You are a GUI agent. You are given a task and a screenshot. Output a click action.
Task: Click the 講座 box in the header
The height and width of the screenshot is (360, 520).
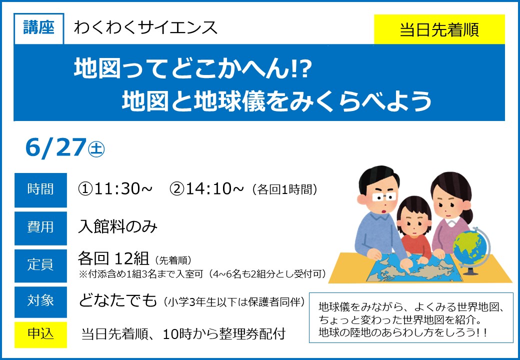pyautogui.click(x=39, y=28)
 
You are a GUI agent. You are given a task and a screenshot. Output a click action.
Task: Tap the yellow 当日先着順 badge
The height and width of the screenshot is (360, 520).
pyautogui.click(x=439, y=29)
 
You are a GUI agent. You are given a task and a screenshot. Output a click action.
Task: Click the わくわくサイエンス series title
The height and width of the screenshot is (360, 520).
pyautogui.click(x=145, y=28)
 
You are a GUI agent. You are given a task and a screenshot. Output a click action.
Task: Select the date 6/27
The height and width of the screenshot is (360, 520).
pyautogui.click(x=55, y=148)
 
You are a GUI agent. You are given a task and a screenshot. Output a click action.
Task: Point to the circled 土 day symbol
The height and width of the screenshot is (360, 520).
pyautogui.click(x=96, y=149)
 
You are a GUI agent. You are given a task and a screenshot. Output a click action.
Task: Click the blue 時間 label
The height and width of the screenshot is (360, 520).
pyautogui.click(x=40, y=190)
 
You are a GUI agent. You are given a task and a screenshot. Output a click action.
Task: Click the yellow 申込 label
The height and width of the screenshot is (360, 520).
pyautogui.click(x=40, y=334)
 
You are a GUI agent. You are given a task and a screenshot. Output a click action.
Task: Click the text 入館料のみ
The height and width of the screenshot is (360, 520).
pyautogui.click(x=117, y=227)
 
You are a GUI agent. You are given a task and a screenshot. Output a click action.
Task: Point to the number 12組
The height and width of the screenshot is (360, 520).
pyautogui.click(x=131, y=258)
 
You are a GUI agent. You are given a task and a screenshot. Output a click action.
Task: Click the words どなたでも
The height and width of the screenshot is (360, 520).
pyautogui.click(x=117, y=300)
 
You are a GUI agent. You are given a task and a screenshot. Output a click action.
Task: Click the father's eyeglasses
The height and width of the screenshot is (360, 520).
pyautogui.click(x=384, y=197)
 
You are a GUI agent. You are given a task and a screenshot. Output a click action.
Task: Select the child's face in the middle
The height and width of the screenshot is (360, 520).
pyautogui.click(x=414, y=220)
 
